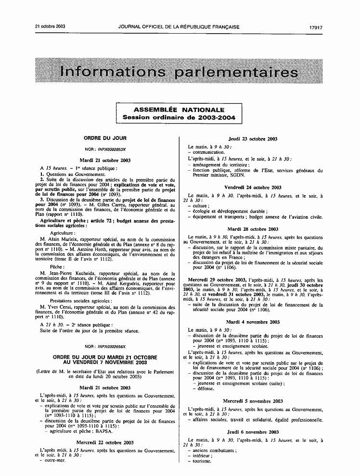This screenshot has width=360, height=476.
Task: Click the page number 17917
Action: [316, 27]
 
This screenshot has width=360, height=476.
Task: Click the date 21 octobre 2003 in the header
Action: [50, 27]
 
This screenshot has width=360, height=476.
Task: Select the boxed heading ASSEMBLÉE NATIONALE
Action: [179, 110]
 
